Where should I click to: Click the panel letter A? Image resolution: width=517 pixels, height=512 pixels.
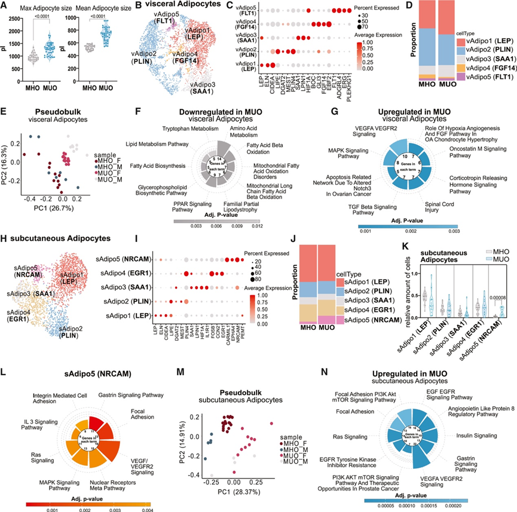point(5,5)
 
